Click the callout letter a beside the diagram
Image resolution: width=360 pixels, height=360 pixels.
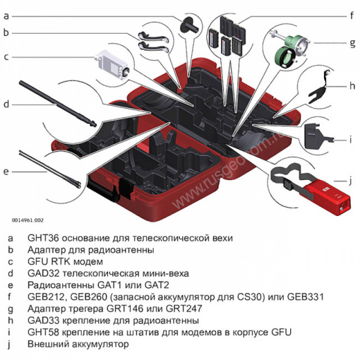coord(6,16)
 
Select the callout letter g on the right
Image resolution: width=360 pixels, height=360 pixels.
coord(351,42)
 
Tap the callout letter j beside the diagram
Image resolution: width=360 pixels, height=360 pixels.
coord(351,180)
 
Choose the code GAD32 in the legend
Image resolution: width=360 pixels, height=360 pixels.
coord(43,274)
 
